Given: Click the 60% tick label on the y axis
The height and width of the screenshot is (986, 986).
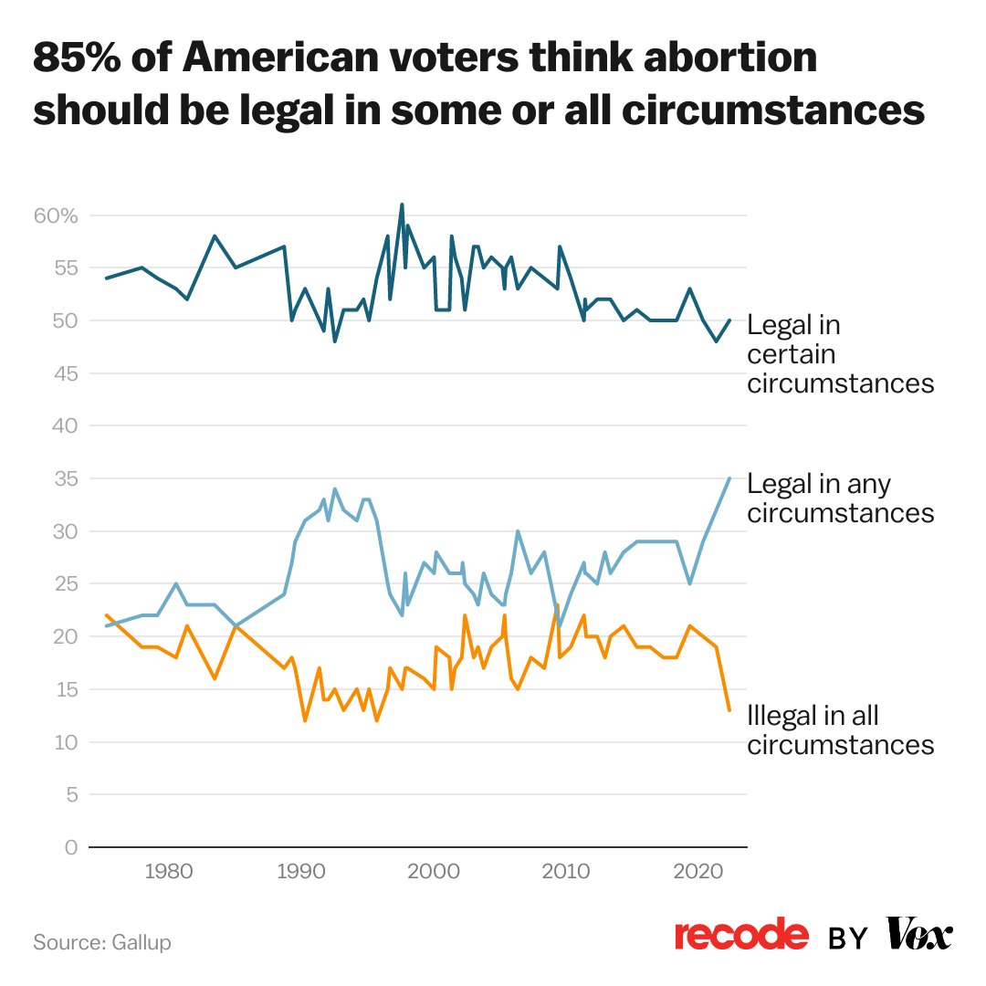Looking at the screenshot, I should [x=58, y=216].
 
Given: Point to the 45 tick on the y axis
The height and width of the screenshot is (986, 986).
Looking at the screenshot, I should [x=65, y=373].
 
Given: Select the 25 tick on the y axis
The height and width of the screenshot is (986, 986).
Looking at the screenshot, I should [x=65, y=583].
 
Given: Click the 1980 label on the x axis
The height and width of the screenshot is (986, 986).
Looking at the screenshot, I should [x=165, y=869].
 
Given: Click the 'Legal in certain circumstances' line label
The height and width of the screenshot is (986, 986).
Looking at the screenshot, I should [x=840, y=354].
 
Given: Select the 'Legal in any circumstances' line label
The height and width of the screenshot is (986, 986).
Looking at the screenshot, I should [x=840, y=498].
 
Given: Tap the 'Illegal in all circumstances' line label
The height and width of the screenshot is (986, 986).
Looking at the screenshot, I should [x=840, y=729].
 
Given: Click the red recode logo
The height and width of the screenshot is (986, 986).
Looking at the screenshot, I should [x=741, y=936].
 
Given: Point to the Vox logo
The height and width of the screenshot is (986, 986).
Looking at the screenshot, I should [x=919, y=935].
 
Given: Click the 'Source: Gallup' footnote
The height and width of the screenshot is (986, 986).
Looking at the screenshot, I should [x=102, y=941].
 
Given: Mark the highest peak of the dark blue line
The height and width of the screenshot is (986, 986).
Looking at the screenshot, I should [x=402, y=204].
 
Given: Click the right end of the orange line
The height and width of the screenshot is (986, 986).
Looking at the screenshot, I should [x=729, y=710].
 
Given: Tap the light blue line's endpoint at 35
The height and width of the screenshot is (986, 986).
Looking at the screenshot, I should [x=729, y=478].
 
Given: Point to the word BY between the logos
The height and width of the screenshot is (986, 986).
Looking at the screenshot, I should [x=848, y=939].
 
